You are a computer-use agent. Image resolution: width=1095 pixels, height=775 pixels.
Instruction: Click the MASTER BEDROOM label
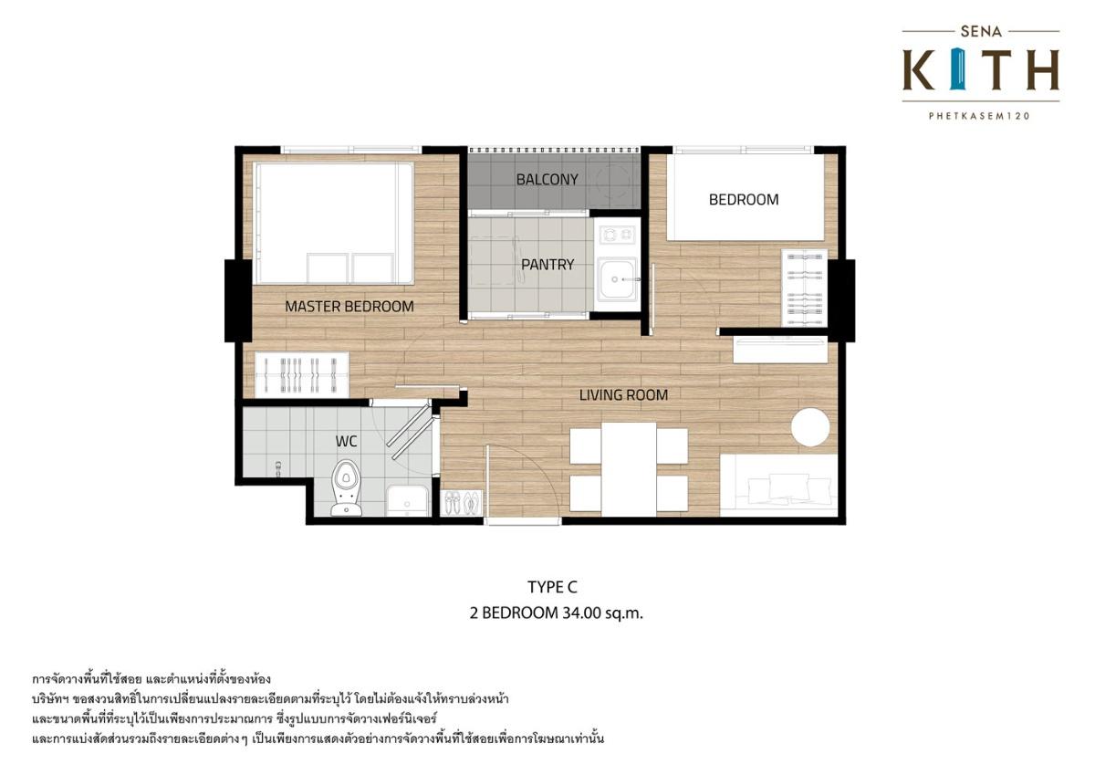tap(349, 307)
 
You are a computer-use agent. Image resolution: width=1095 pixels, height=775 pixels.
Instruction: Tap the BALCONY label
tap(547, 180)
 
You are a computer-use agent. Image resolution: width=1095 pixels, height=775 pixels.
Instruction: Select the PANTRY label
tap(547, 265)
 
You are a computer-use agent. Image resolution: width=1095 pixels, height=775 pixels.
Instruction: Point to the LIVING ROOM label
tap(624, 394)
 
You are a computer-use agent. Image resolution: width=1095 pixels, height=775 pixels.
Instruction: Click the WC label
tap(346, 442)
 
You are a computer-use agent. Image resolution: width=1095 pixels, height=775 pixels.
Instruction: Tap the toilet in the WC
tap(346, 487)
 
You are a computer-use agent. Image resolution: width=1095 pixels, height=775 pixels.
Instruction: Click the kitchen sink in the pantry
tap(618, 278)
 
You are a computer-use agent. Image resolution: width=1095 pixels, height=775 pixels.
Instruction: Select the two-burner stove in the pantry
tap(617, 236)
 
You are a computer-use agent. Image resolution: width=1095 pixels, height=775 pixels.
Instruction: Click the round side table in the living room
tap(810, 427)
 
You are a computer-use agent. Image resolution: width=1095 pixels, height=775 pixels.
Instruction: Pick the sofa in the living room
tap(778, 485)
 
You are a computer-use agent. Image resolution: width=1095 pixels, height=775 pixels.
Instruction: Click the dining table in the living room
tap(629, 469)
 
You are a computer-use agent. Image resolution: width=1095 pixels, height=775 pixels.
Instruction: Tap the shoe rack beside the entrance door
tap(462, 503)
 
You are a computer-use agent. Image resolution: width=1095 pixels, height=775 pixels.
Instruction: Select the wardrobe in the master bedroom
tap(302, 374)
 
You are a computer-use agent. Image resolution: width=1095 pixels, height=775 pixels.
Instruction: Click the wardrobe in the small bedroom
tap(804, 288)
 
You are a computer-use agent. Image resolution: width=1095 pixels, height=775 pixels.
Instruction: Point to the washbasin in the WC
tap(407, 501)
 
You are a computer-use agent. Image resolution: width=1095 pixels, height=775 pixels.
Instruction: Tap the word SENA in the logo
tap(981, 32)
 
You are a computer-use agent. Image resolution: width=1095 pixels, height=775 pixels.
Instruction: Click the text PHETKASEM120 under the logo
tap(980, 116)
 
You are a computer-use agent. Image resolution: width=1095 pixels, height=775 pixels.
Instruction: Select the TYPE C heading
tap(552, 587)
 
